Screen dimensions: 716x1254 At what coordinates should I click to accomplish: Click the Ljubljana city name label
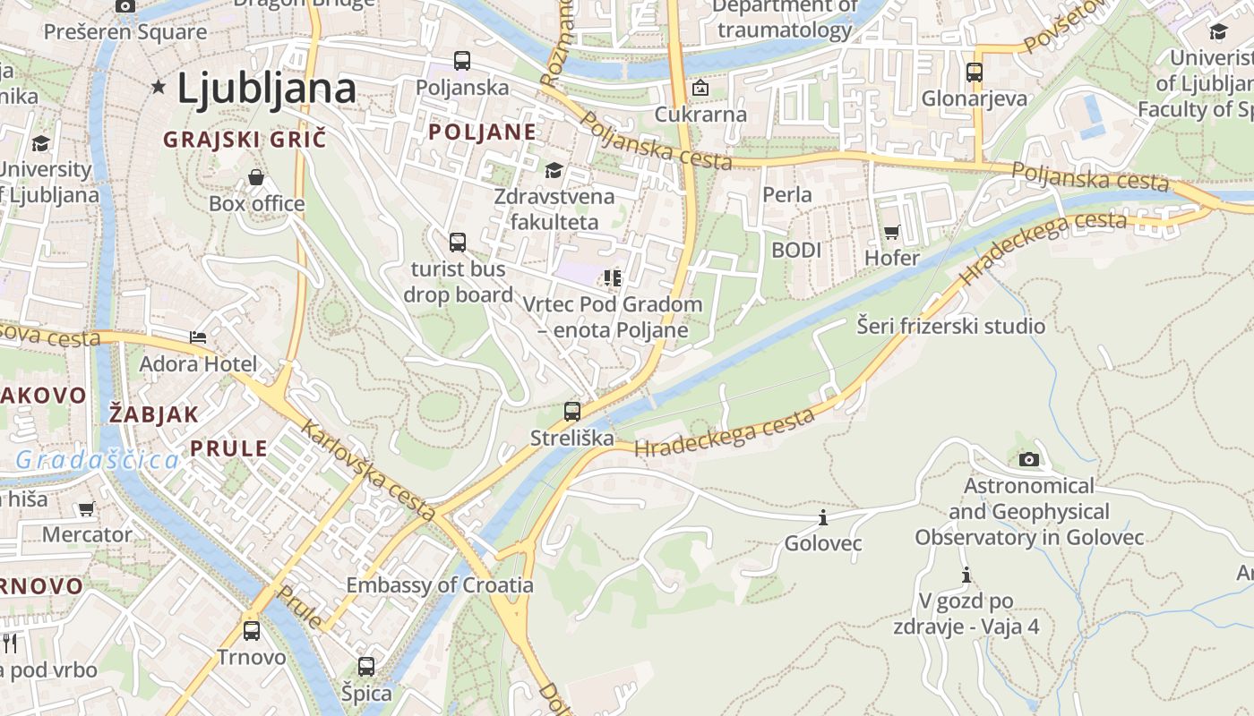(x=266, y=89)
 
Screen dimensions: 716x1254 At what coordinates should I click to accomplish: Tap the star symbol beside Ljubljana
(x=159, y=87)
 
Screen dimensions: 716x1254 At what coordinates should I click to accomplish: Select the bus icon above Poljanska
(x=462, y=61)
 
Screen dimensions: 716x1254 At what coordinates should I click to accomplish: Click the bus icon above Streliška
(x=572, y=412)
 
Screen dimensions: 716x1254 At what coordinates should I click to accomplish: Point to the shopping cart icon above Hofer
(x=891, y=233)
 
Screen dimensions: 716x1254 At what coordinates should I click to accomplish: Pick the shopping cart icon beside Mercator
(x=86, y=509)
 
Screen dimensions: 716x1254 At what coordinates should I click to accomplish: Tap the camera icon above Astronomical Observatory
(x=1029, y=460)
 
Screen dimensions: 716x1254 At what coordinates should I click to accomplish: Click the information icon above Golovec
(x=822, y=517)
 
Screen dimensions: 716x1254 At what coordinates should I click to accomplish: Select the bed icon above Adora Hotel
(x=198, y=337)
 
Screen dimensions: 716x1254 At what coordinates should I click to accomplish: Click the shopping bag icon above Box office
(x=256, y=177)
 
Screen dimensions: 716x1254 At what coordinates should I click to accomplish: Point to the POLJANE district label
(x=482, y=132)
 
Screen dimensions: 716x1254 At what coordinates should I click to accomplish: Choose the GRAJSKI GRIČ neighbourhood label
(x=245, y=140)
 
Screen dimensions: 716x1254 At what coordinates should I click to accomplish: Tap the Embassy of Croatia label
(x=440, y=585)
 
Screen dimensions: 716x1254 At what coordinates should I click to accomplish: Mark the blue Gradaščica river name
(x=97, y=461)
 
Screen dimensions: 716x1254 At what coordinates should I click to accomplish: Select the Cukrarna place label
(x=700, y=115)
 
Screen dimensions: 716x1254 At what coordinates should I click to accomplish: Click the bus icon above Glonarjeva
(x=975, y=72)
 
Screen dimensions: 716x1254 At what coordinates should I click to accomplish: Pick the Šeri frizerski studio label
(x=950, y=326)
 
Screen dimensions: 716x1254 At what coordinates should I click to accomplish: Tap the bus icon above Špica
(x=366, y=667)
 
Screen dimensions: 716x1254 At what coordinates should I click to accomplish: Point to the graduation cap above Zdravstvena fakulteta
(x=554, y=170)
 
